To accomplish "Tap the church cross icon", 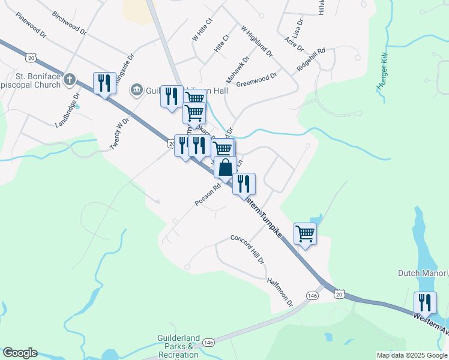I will pyautogui.click(x=70, y=79).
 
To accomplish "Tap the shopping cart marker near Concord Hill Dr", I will pyautogui.click(x=305, y=233).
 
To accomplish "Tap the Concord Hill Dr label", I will pyautogui.click(x=247, y=249).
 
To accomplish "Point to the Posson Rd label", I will pyautogui.click(x=208, y=195).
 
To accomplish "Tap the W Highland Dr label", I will pyautogui.click(x=257, y=41).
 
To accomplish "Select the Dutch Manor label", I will pyautogui.click(x=422, y=273).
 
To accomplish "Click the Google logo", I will pyautogui.click(x=20, y=353).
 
